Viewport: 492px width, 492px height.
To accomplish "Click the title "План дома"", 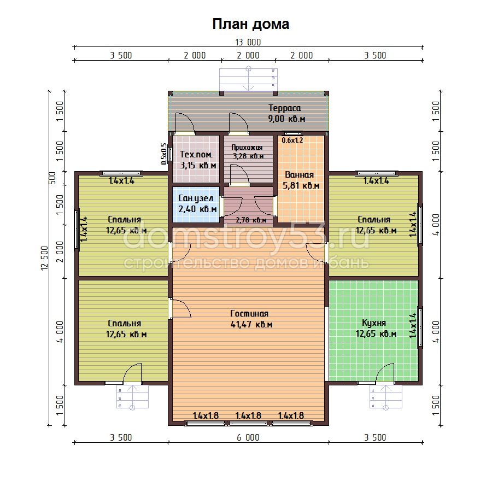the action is point(251,24).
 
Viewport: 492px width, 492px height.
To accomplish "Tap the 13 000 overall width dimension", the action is point(248,42).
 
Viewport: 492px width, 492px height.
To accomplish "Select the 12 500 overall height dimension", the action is point(45,258).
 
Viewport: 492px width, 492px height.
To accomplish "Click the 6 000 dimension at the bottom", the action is point(248,437).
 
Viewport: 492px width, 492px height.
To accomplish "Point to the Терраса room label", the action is point(285,108).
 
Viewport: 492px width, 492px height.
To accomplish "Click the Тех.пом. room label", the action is point(196,154).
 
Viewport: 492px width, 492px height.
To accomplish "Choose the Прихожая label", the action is point(247,148).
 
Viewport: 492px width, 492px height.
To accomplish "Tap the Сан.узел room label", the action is point(196,198).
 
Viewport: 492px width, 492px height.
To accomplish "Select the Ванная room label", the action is point(300,175).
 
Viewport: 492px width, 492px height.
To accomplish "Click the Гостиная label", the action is point(249,313).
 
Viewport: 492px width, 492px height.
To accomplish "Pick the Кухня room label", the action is point(374,323).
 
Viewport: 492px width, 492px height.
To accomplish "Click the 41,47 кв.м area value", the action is point(251,324).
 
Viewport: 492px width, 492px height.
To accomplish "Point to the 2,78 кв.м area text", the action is point(251,220).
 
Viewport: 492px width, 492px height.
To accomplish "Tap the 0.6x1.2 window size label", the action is point(292,140).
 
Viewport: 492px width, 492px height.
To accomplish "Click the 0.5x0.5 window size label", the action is point(164,154).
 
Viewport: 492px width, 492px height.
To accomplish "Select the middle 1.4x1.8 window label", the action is point(248,416).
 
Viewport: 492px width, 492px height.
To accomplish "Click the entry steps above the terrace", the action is point(248,80).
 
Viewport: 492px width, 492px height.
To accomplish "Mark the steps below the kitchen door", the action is point(386,397).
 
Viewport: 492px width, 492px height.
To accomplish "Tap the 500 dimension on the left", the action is point(52,178).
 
